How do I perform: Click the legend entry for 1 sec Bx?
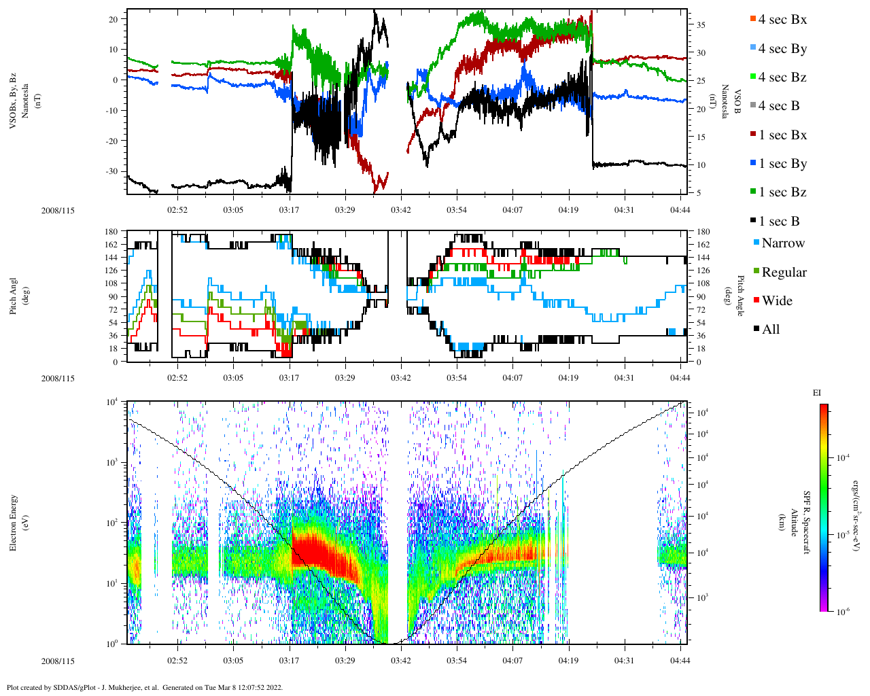click(x=782, y=135)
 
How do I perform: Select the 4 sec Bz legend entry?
click(x=782, y=77)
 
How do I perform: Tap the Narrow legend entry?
click(x=782, y=243)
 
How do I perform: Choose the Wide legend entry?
click(x=776, y=300)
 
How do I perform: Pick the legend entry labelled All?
click(x=770, y=329)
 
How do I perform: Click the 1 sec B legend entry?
click(x=778, y=221)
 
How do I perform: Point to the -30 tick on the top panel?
click(x=113, y=171)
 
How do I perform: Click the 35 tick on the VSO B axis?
click(x=701, y=25)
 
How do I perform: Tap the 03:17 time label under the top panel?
click(x=289, y=210)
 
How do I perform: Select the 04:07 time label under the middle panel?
click(x=512, y=378)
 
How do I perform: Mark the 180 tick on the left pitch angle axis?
click(x=111, y=232)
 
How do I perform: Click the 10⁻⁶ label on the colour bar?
click(x=843, y=612)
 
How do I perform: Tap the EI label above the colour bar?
click(x=817, y=392)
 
